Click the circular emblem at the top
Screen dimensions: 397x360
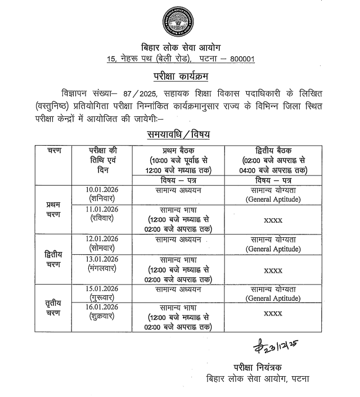click(180, 22)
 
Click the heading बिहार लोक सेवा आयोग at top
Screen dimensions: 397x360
click(179, 47)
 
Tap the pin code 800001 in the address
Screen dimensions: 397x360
click(240, 59)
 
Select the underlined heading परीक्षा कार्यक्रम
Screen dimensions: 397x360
click(179, 75)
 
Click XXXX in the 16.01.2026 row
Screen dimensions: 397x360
click(273, 313)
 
